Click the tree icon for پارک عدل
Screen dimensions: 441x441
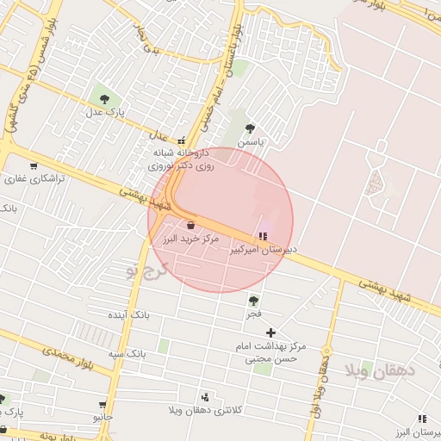click(x=104, y=99)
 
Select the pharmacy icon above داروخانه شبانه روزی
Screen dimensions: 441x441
click(x=181, y=140)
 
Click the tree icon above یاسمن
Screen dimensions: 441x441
click(x=250, y=128)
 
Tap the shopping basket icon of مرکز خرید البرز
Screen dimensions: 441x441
click(x=190, y=226)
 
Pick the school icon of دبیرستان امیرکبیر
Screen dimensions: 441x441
click(x=262, y=235)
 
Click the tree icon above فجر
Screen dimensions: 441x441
click(x=253, y=301)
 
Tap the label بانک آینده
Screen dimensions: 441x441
click(x=128, y=315)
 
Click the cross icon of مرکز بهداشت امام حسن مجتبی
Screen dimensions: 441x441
click(x=271, y=332)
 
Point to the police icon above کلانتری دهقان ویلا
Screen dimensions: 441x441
click(x=205, y=397)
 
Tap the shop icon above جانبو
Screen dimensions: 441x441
click(x=103, y=404)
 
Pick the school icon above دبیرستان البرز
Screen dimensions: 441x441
click(x=422, y=419)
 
